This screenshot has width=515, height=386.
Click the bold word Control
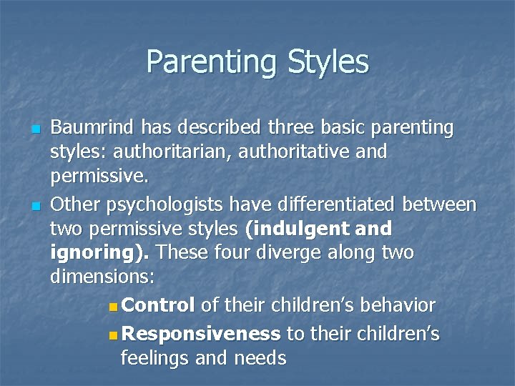pos(159,305)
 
